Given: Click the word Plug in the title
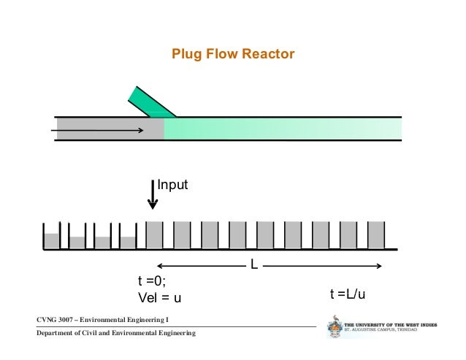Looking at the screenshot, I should [183, 54].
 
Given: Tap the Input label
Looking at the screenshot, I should [173, 186].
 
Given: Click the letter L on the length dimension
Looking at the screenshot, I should [254, 265].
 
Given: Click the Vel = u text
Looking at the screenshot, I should [160, 298].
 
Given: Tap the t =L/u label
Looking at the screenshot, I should [348, 294].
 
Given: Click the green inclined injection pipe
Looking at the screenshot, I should [149, 102].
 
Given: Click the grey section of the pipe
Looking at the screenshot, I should [110, 128].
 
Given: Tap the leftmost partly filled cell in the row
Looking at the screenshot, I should [51, 240].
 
